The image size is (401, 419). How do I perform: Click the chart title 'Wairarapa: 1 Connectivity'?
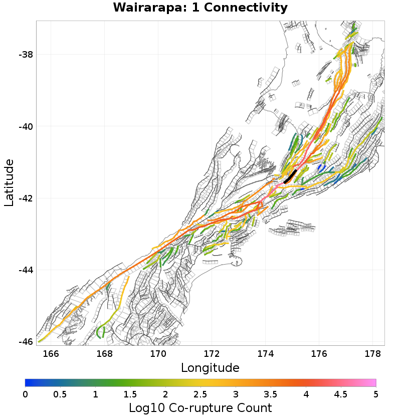point(200,8)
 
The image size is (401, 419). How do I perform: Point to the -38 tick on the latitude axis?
point(25,55)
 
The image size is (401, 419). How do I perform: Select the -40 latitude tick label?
point(25,126)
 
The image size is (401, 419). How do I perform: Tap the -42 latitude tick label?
point(25,198)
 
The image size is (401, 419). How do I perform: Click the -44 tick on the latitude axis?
point(25,270)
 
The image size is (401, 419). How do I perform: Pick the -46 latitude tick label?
point(25,342)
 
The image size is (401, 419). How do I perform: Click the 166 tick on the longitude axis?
point(51,354)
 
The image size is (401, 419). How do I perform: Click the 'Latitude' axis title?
point(9,183)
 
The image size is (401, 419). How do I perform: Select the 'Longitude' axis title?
point(210,368)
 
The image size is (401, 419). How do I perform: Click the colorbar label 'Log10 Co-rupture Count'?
point(200,407)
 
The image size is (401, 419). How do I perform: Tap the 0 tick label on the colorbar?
point(25,394)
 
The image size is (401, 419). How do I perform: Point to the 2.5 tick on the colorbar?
point(200,394)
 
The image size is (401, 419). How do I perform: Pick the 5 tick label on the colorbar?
point(376,394)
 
